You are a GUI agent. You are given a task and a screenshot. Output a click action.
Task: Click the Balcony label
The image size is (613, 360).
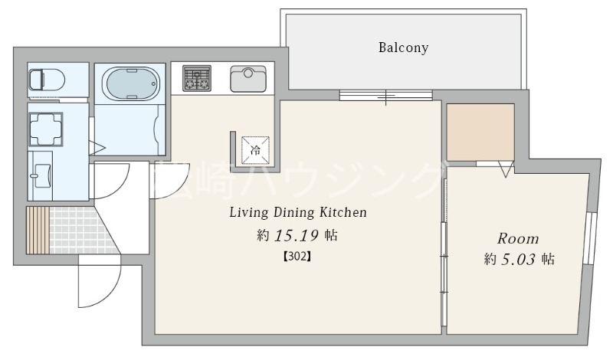click(403, 47)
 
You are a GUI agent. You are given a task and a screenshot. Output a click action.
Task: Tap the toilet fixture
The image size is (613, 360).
click(46, 80)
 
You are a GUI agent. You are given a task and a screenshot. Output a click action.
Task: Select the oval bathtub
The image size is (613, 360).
click(130, 83)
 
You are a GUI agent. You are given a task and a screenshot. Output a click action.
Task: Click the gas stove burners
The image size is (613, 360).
click(197, 78)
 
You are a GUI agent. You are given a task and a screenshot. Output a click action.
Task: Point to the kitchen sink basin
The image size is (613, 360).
click(248, 78)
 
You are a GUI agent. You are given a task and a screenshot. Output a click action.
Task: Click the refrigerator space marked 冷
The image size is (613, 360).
click(255, 150)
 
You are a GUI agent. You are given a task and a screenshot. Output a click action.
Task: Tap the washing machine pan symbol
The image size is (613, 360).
click(46, 129)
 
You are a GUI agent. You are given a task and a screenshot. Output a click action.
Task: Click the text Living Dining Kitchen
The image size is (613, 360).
click(298, 212)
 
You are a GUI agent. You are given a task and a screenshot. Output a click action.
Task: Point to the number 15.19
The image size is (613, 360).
click(297, 235)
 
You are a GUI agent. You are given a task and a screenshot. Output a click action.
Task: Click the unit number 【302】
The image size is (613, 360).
click(297, 257)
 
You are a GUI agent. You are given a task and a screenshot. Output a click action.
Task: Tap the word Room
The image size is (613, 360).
click(518, 239)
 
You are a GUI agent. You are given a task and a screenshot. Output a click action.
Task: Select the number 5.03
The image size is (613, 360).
click(518, 259)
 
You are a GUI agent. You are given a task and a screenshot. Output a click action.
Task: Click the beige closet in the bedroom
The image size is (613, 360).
click(480, 132)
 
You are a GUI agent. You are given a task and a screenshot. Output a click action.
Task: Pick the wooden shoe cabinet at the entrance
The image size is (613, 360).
click(38, 231)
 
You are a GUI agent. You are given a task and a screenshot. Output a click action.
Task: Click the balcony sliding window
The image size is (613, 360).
click(386, 95)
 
